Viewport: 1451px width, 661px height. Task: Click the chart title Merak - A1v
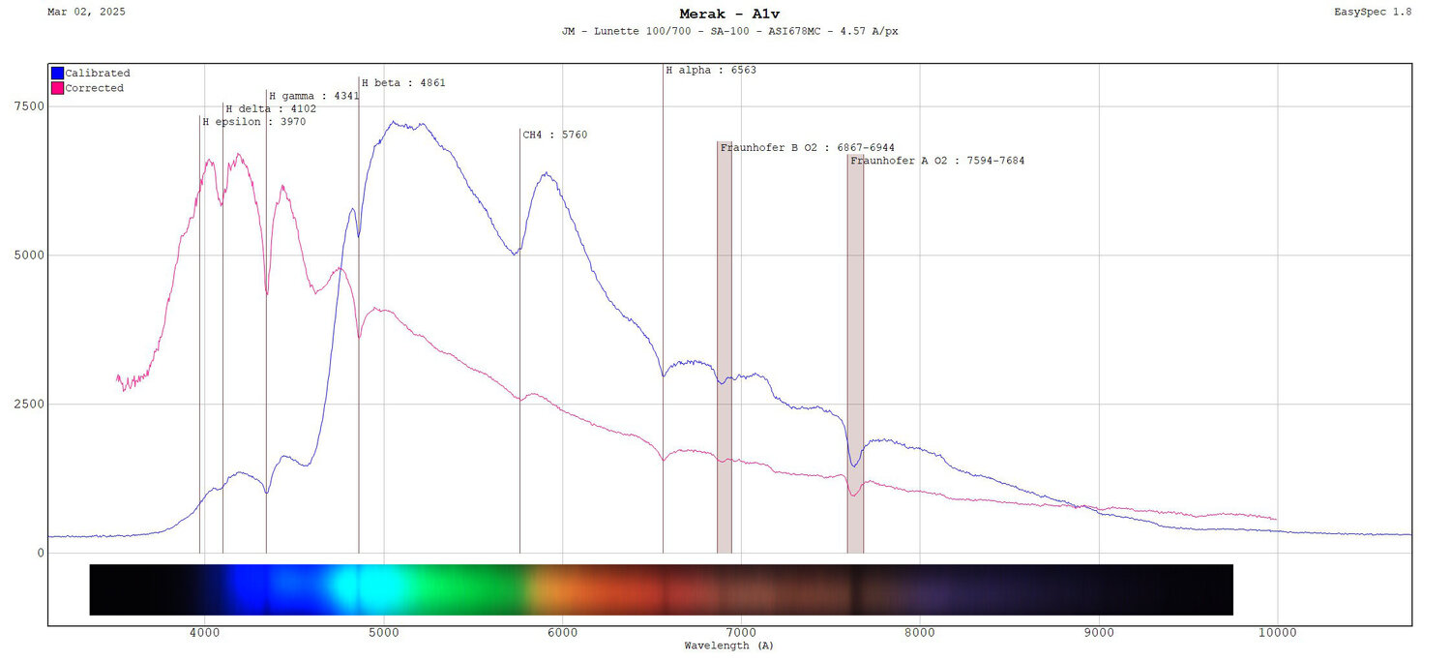[x=729, y=14]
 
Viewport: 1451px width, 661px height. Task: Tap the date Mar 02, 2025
[x=86, y=12]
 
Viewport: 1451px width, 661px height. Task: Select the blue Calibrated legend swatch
[x=57, y=73]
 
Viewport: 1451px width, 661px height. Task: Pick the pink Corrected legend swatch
[x=57, y=88]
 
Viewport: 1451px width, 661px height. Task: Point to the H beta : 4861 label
[x=403, y=83]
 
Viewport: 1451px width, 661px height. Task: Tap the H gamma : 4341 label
[x=313, y=96]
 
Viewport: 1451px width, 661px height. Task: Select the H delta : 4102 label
[x=271, y=109]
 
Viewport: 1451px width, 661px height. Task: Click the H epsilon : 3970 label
[x=253, y=122]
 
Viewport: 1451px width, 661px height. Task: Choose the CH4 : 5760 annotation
[x=554, y=135]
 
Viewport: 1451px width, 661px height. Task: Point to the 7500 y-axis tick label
[x=27, y=106]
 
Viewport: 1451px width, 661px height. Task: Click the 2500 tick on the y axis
[x=27, y=405]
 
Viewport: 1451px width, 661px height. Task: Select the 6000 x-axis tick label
[x=562, y=633]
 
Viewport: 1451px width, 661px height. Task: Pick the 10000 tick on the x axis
[x=1277, y=633]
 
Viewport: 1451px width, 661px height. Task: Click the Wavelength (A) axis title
[x=728, y=646]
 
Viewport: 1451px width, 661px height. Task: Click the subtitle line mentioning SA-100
[x=729, y=31]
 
